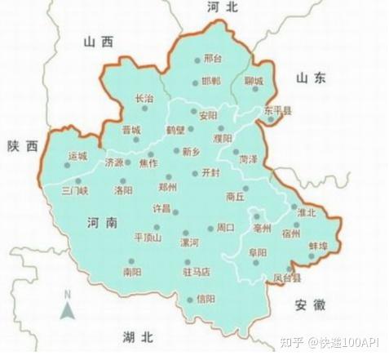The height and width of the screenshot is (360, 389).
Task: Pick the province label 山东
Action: coord(311,78)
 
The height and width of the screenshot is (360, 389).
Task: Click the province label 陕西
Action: coord(22,146)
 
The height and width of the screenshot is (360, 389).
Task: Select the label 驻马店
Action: coord(196,271)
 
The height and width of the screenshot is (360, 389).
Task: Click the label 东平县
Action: coord(277,109)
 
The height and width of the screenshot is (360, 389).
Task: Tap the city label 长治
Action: coord(144,98)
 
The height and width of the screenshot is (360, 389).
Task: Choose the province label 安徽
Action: coord(311,304)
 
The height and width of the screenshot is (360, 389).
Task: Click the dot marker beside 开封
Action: coord(194,173)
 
